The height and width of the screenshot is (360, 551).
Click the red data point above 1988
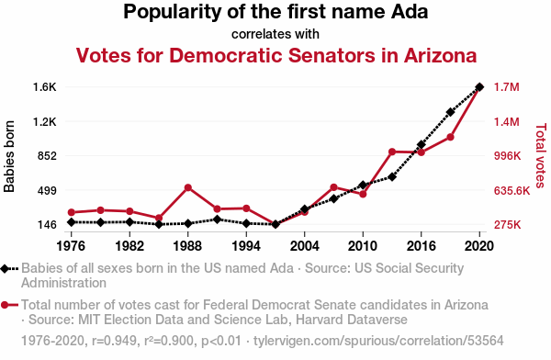point(188,187)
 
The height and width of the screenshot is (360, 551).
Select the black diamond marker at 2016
point(421,144)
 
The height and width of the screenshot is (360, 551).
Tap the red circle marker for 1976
point(72,212)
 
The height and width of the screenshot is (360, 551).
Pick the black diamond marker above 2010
point(363,185)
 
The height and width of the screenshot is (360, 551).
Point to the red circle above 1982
point(129,211)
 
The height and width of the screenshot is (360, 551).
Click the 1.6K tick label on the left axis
point(45,87)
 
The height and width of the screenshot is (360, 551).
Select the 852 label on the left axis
point(47,156)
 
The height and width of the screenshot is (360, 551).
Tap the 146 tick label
point(47,225)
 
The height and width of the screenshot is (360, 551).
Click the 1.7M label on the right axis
point(507,87)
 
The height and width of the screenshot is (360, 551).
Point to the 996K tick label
point(508,156)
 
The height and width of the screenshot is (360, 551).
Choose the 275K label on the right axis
point(508,225)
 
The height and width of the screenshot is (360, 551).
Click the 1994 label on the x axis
point(246,246)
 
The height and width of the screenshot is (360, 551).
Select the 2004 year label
point(304,246)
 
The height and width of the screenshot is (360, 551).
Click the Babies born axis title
point(9,156)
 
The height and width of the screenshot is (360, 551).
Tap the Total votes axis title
point(541,155)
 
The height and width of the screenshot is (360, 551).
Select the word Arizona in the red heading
point(440,55)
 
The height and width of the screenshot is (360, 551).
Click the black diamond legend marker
point(5,268)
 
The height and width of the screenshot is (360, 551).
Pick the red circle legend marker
point(5,305)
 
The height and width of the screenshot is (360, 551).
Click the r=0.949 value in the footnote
point(114,341)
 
